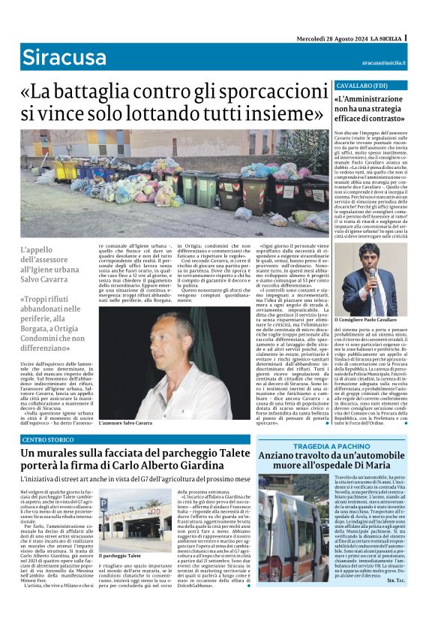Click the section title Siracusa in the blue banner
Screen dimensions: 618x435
54,57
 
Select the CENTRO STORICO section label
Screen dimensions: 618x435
48,439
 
